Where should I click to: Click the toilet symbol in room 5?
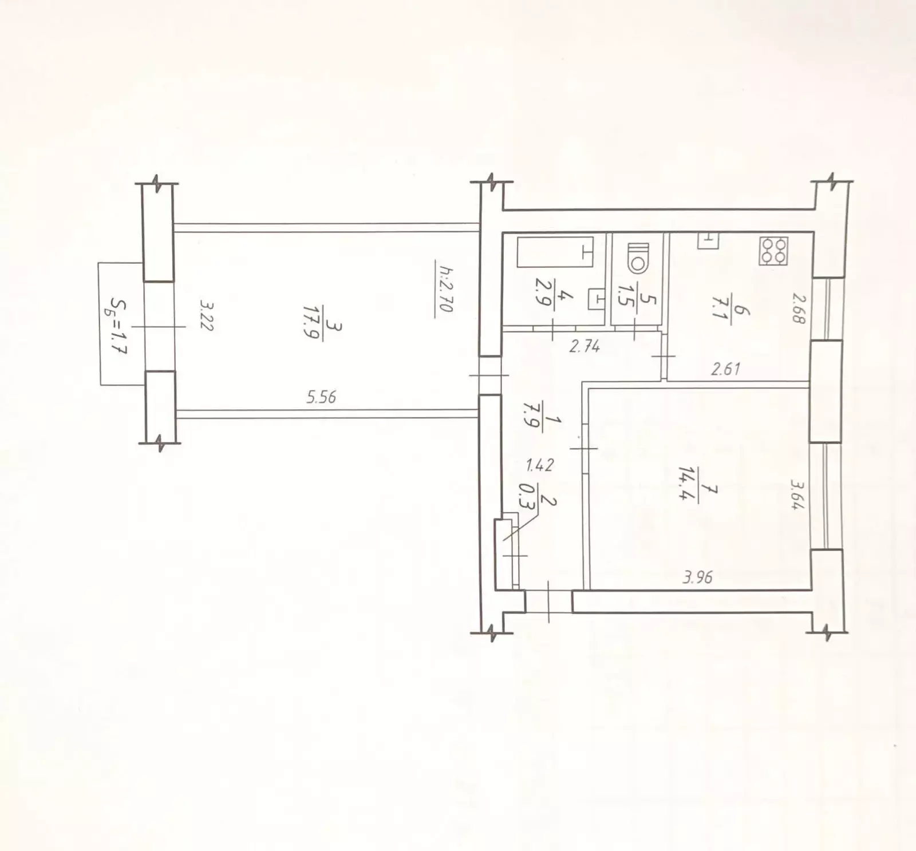pos(638,258)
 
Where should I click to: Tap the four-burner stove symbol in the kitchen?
pos(773,251)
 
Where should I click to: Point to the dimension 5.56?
pos(321,397)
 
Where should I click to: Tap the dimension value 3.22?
pos(206,316)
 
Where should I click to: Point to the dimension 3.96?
pos(698,577)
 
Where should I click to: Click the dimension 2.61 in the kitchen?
pos(725,369)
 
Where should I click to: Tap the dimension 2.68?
pos(799,308)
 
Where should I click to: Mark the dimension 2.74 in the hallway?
pos(585,346)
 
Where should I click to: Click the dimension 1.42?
pos(539,465)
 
